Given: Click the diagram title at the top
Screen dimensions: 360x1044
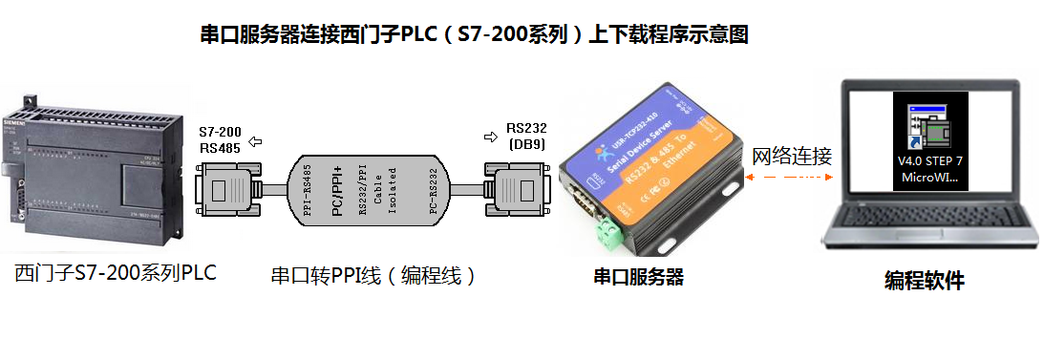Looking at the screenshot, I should coord(474,35).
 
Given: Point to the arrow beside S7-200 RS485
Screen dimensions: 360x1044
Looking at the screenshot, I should coord(255,141).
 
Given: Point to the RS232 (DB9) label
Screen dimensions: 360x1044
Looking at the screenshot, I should coord(526,136).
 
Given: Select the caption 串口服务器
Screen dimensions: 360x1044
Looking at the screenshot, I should coord(638,278).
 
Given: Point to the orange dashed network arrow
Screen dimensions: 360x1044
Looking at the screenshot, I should coord(790,178).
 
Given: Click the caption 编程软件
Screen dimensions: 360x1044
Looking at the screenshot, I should coord(924,281).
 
